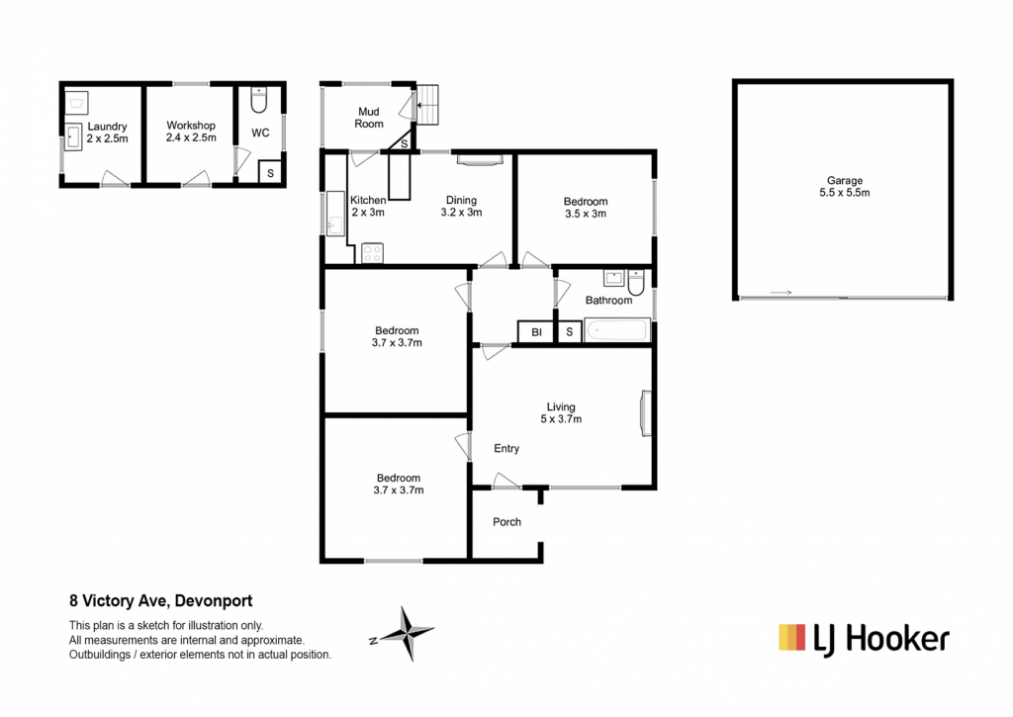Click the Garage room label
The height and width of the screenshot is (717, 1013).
pyautogui.click(x=845, y=181)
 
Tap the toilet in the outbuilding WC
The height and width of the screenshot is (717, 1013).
pyautogui.click(x=258, y=100)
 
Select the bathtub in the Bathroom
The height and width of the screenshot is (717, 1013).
pyautogui.click(x=616, y=330)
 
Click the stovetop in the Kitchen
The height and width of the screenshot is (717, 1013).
pyautogui.click(x=372, y=253)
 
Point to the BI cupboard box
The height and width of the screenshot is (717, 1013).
pyautogui.click(x=536, y=332)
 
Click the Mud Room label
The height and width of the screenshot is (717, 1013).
pyautogui.click(x=369, y=118)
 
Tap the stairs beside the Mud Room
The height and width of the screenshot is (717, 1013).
pyautogui.click(x=427, y=105)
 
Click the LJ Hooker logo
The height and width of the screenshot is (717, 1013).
pyautogui.click(x=864, y=639)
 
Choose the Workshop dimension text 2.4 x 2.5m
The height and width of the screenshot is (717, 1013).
pyautogui.click(x=191, y=137)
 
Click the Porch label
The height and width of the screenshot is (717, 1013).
pyautogui.click(x=506, y=522)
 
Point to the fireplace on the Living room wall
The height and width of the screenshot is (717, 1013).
pyautogui.click(x=645, y=413)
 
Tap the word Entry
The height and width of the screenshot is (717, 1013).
pyautogui.click(x=506, y=448)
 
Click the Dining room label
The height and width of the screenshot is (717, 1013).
pyautogui.click(x=461, y=200)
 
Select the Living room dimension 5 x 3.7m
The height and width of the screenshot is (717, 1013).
pyautogui.click(x=561, y=419)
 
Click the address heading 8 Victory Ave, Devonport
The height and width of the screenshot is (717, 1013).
pyautogui.click(x=161, y=600)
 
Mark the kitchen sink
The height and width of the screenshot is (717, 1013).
pyautogui.click(x=335, y=214)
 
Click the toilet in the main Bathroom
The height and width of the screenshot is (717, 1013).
pyautogui.click(x=636, y=282)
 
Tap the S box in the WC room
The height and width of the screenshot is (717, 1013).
pyautogui.click(x=270, y=173)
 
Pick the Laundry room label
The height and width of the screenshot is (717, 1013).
pyautogui.click(x=107, y=127)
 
